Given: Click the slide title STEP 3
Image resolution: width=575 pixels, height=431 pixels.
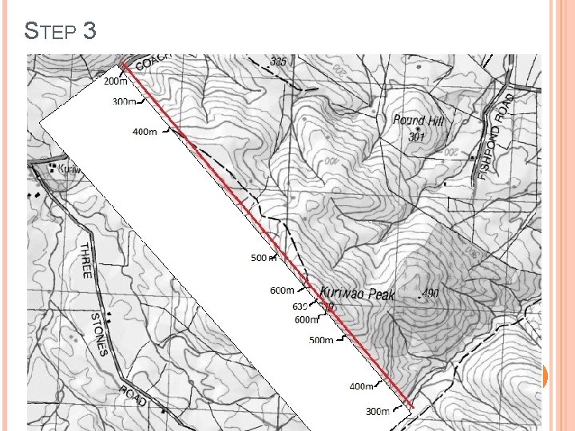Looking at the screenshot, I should point(61,31).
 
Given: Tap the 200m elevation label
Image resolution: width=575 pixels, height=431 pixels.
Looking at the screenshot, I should point(116,81).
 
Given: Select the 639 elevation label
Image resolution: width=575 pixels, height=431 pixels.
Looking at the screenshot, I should point(300,306).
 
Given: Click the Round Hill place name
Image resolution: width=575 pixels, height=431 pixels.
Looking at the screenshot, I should point(418,121).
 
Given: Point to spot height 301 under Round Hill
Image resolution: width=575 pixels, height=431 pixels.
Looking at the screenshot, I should point(416,136).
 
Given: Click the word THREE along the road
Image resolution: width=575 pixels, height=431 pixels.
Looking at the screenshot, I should point(86,260).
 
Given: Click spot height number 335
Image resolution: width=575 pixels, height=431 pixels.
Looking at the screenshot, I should point(278,61).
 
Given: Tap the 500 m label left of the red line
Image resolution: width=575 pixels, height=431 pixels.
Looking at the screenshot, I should point(264,258).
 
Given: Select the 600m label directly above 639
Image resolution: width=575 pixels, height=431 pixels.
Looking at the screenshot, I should point(282,291).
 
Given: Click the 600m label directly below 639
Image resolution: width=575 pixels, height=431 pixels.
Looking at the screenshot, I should point(307,320).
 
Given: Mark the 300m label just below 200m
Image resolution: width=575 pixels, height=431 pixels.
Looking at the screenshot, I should point(125,101).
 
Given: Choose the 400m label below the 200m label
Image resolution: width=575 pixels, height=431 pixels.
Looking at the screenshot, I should point(145,131).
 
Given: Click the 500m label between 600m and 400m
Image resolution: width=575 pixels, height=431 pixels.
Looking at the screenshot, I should point(322,340).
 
